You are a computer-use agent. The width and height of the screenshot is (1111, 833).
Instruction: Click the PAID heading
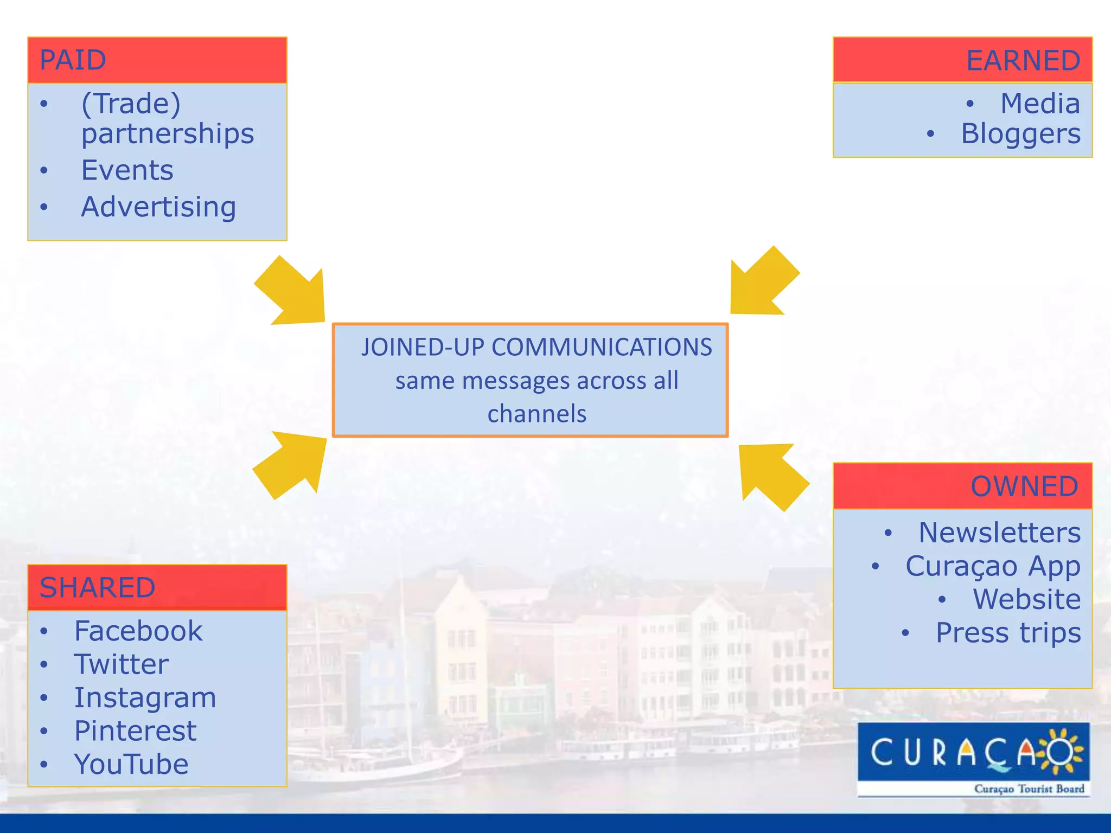[73, 60]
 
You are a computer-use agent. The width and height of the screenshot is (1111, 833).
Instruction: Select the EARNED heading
[1023, 60]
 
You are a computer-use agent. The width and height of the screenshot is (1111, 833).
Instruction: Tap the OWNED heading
[1025, 486]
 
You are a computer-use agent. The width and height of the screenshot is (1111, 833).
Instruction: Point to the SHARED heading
[98, 587]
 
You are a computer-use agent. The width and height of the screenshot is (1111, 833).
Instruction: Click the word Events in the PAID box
[127, 170]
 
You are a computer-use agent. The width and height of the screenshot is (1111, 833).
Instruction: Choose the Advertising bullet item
[158, 207]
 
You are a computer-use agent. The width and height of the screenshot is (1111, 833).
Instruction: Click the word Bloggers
[1020, 134]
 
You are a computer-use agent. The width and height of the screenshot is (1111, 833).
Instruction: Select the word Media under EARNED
[1040, 103]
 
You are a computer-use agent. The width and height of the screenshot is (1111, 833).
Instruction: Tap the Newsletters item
[999, 533]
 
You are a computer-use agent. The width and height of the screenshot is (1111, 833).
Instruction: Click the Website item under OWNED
[1026, 599]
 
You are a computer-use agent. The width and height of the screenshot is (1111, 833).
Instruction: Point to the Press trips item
[1008, 633]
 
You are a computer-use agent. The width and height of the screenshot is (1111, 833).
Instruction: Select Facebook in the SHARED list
[138, 631]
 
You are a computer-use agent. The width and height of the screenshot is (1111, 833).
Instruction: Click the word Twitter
[122, 664]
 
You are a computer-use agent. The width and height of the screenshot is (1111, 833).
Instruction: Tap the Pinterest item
[135, 731]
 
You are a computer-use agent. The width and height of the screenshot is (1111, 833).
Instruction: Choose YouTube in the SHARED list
[131, 764]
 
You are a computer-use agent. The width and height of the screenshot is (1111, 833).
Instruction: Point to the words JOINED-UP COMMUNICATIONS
[537, 347]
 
